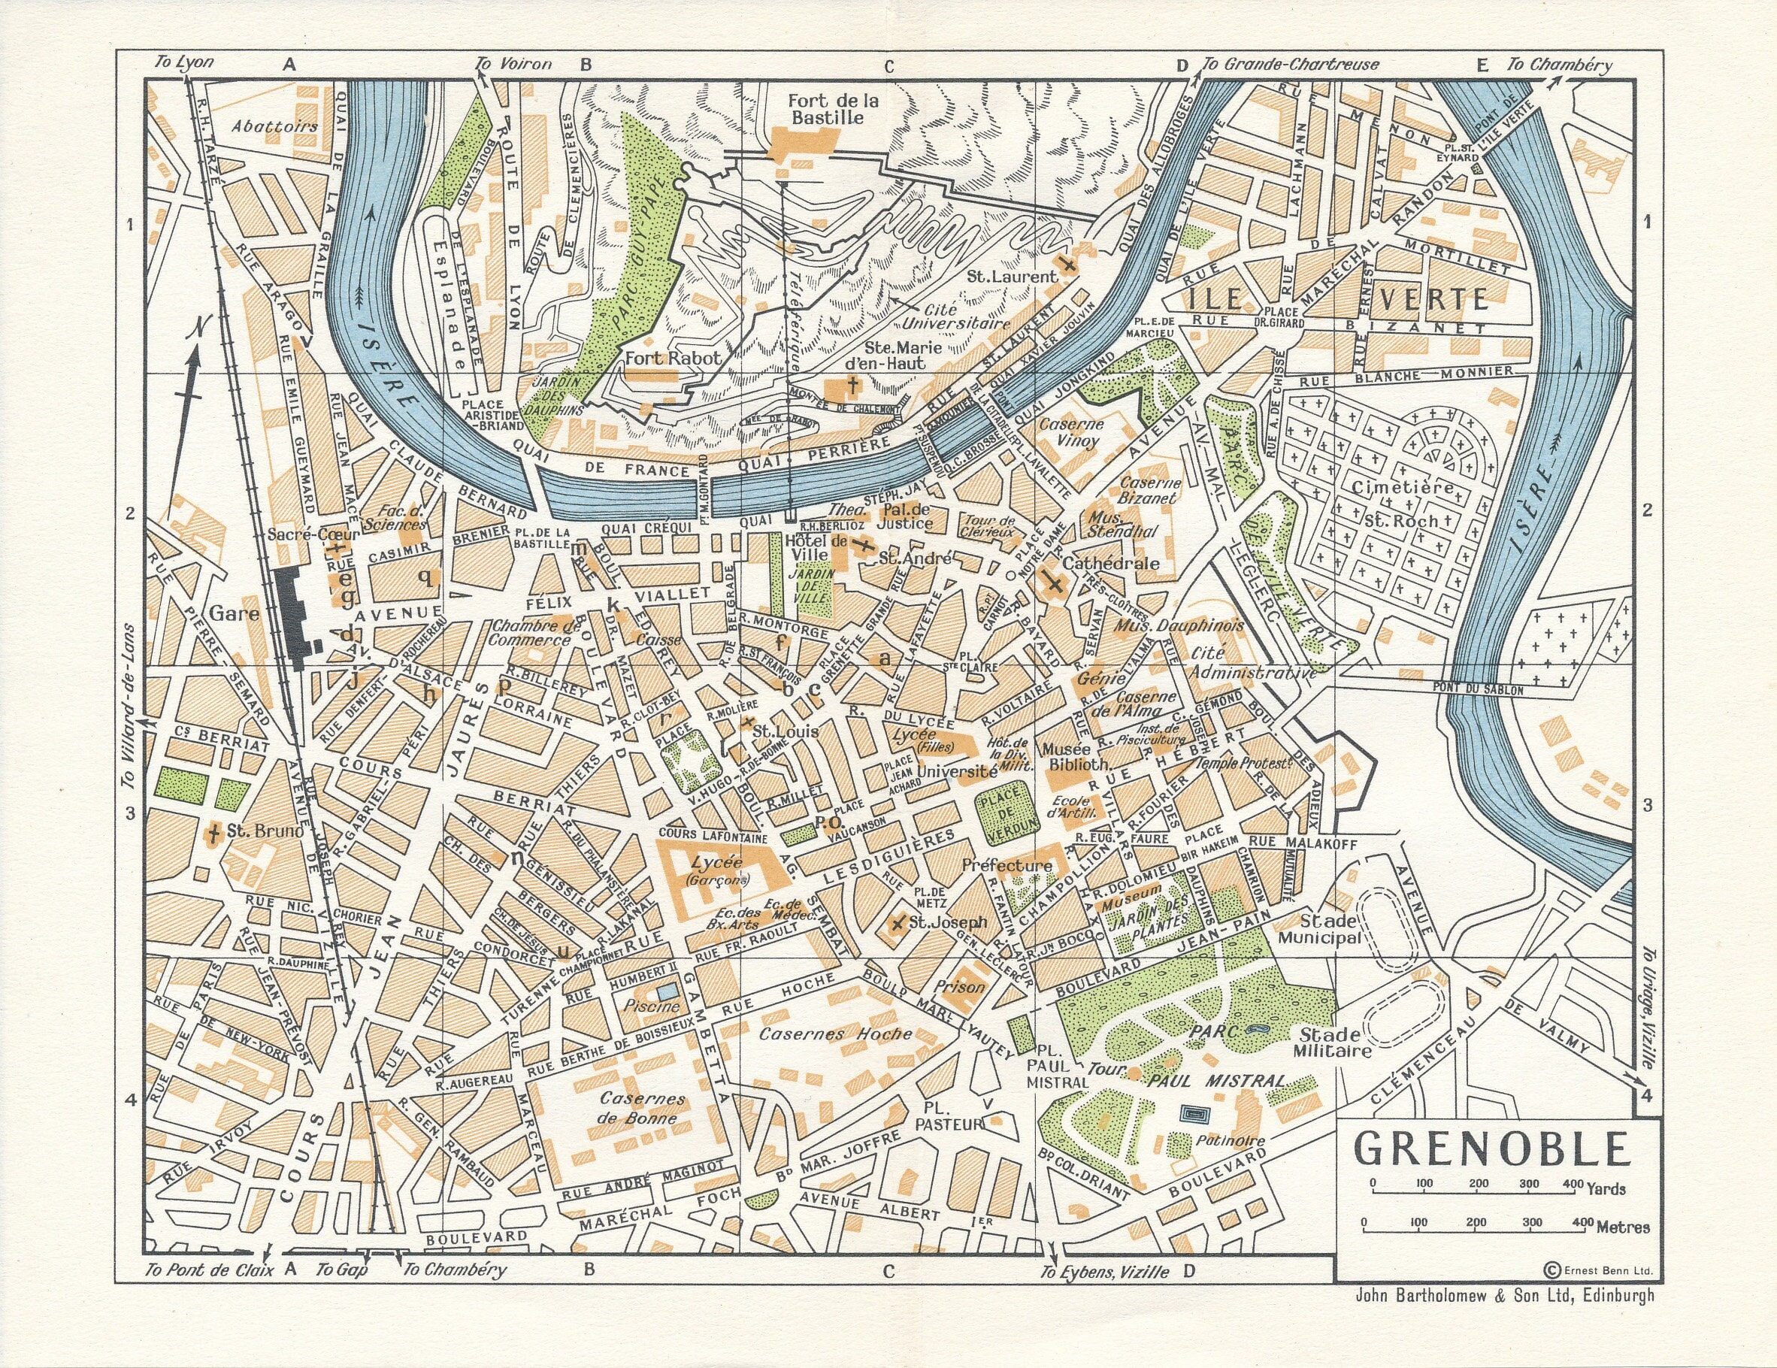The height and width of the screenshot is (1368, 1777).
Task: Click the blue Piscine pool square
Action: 666,992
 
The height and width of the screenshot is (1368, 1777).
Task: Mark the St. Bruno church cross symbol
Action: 214,832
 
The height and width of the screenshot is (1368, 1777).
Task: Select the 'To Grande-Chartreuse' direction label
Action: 1290,65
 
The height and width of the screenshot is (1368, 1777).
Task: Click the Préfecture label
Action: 1007,865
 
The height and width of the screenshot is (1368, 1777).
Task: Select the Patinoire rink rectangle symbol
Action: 1194,1112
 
